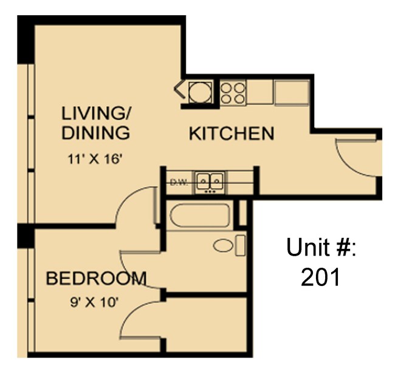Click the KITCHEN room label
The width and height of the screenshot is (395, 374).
tap(231, 134)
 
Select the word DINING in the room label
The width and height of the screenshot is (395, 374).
tap(95, 133)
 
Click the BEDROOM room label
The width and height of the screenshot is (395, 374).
tap(96, 279)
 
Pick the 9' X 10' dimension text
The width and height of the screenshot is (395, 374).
tap(95, 301)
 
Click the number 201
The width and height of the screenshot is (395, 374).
tap(320, 277)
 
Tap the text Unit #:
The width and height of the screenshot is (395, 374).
tap(321, 247)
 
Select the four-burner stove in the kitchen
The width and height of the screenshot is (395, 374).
tap(233, 93)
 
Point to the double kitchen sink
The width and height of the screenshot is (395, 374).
tap(210, 181)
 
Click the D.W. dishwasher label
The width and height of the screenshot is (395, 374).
tap(177, 181)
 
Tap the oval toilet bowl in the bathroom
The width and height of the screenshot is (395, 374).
tap(223, 246)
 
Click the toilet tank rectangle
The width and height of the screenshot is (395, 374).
tap(240, 246)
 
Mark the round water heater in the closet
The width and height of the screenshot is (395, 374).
tap(199, 93)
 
